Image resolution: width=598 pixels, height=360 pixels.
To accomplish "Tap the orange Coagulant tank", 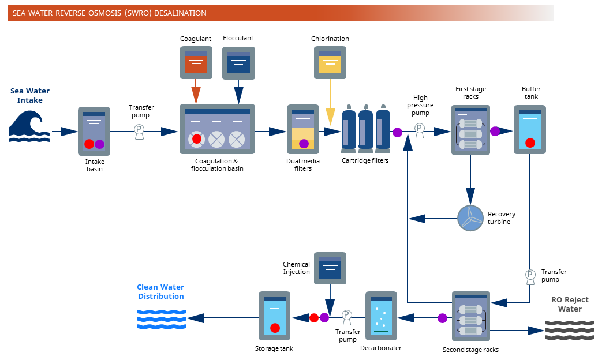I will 196,62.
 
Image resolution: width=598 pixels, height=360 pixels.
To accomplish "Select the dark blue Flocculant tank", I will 238,62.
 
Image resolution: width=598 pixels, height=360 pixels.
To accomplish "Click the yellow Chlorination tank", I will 330,62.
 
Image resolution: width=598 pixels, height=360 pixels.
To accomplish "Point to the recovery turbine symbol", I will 470,218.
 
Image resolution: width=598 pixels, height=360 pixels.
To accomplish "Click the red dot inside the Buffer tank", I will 530,142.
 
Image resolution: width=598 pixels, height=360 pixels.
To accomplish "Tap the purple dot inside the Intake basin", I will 99,144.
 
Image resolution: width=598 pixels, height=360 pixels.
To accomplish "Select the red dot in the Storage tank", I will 275,328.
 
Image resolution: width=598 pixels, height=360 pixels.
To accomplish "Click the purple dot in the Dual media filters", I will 304,144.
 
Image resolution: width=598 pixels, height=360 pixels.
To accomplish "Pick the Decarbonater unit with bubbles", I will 381,316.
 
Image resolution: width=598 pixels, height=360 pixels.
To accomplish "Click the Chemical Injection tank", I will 330,268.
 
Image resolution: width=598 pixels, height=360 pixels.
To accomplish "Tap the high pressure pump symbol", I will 420,129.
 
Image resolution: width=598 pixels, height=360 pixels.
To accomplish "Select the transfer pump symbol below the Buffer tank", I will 530,275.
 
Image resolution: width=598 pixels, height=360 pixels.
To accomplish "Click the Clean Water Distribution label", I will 160,292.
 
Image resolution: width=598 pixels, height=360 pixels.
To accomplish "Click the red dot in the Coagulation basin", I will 197,139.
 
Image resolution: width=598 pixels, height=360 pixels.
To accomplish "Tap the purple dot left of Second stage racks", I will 442,318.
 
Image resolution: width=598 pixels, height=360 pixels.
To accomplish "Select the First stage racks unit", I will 470,130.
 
